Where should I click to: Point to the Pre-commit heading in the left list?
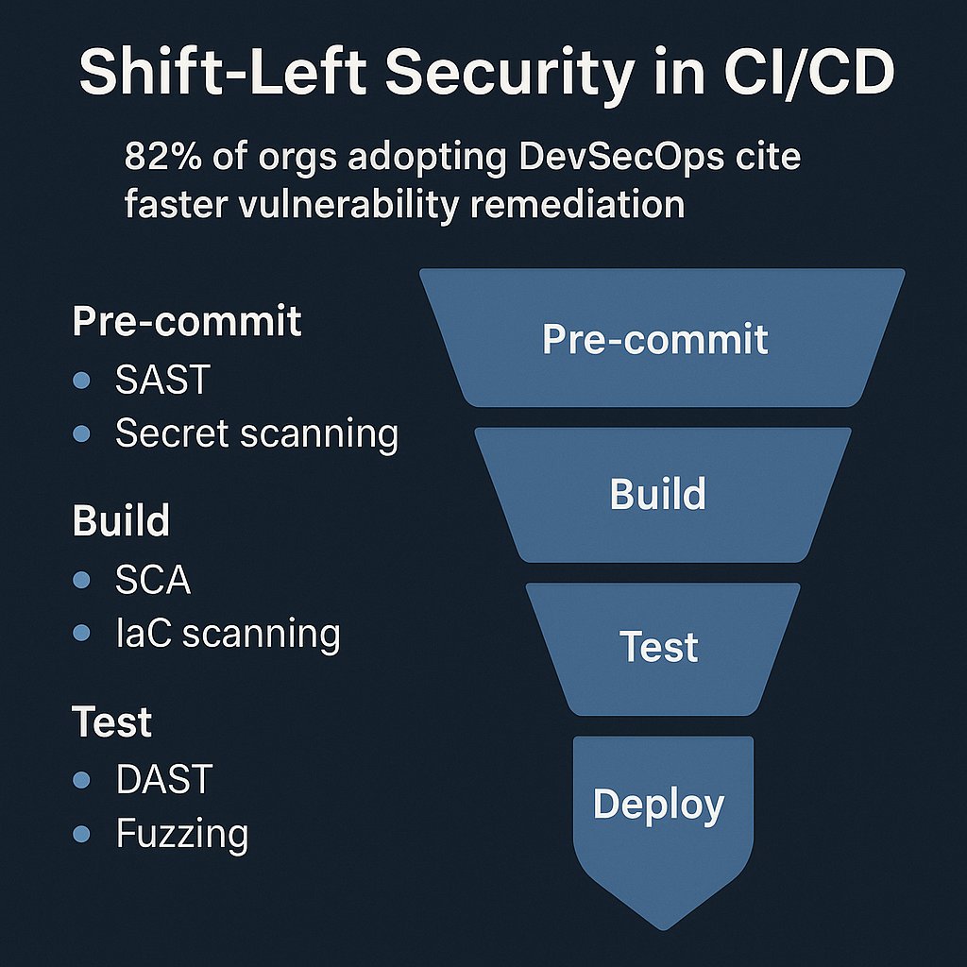pyautogui.click(x=187, y=321)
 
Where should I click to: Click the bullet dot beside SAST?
pyautogui.click(x=81, y=381)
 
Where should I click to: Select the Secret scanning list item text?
pyautogui.click(x=256, y=433)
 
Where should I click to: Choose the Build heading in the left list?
pyautogui.click(x=121, y=520)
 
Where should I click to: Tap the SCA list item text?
pyautogui.click(x=153, y=580)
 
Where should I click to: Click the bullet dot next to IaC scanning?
pyautogui.click(x=81, y=634)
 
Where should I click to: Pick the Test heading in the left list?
pyautogui.click(x=111, y=721)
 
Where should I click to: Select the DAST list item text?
pyautogui.click(x=163, y=780)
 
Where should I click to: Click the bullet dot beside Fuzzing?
pyautogui.click(x=81, y=834)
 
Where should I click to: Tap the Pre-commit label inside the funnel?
pyautogui.click(x=655, y=339)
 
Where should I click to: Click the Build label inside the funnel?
pyautogui.click(x=658, y=494)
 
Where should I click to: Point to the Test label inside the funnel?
pyautogui.click(x=659, y=648)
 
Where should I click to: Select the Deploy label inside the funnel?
pyautogui.click(x=658, y=804)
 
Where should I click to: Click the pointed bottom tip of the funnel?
pyautogui.click(x=663, y=925)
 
